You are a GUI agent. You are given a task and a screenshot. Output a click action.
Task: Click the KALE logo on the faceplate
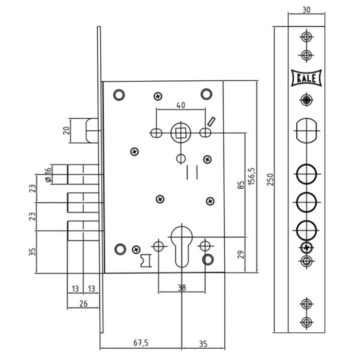point(306,78)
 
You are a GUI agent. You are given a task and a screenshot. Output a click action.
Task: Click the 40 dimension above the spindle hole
point(181,105)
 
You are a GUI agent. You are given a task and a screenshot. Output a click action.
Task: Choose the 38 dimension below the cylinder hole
point(182,288)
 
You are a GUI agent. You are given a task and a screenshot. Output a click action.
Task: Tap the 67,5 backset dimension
point(141,341)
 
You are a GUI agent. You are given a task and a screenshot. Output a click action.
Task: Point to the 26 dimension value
point(83,303)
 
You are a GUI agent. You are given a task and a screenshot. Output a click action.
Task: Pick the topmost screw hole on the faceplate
point(307,37)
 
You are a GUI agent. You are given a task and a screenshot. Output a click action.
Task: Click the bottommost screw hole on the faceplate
point(307,322)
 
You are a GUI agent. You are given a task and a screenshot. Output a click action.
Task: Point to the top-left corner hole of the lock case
point(119,94)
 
